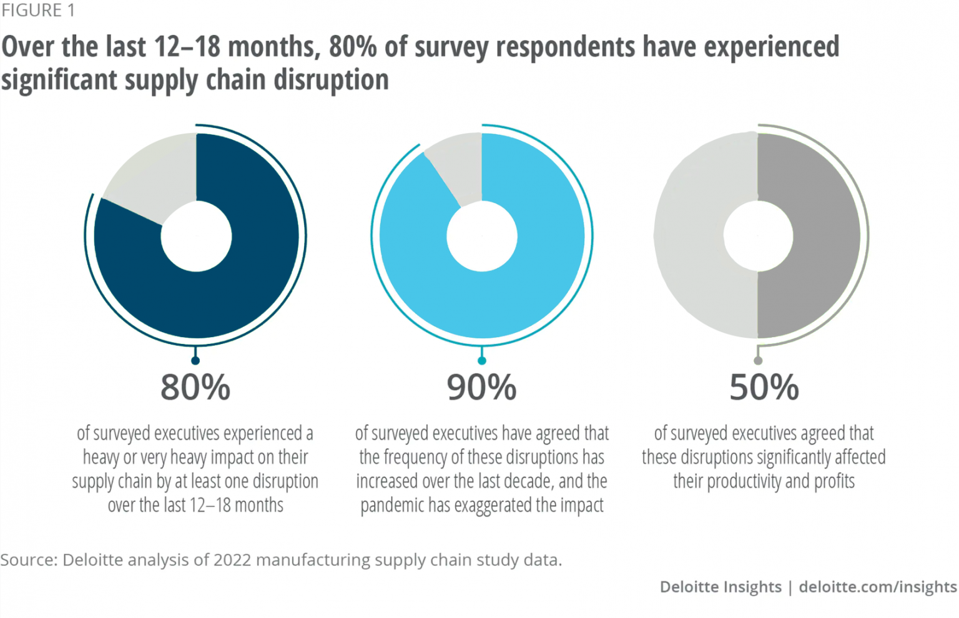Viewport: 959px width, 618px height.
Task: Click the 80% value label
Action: pyautogui.click(x=195, y=387)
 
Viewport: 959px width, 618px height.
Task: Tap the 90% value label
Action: pyautogui.click(x=481, y=387)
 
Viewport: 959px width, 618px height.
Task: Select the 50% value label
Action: pyautogui.click(x=764, y=387)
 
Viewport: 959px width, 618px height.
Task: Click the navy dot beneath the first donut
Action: pyautogui.click(x=195, y=360)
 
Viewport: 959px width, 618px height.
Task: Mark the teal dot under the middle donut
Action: pyautogui.click(x=481, y=360)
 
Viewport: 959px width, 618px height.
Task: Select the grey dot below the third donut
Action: pyautogui.click(x=758, y=360)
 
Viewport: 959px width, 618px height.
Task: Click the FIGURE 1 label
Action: pyautogui.click(x=37, y=11)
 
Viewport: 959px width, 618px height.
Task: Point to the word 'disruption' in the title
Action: pyautogui.click(x=331, y=80)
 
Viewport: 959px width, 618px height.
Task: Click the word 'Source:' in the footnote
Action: pyautogui.click(x=28, y=560)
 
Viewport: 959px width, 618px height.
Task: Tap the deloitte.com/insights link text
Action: pyautogui.click(x=877, y=587)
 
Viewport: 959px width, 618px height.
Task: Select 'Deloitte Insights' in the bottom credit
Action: pyautogui.click(x=720, y=587)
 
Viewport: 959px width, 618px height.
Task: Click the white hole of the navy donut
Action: pyautogui.click(x=196, y=236)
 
